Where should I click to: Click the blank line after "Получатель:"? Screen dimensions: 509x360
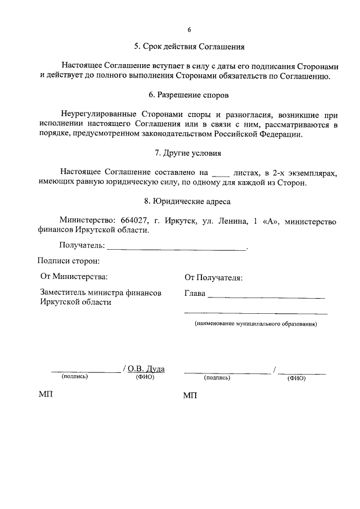(x=176, y=246)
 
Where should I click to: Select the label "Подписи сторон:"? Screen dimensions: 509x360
(x=69, y=260)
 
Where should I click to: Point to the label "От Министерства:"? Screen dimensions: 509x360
(x=74, y=277)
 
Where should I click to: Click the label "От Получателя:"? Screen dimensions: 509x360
(x=214, y=278)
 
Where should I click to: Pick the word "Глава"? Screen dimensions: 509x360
(x=195, y=294)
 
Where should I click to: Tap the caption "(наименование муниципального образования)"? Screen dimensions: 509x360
(x=255, y=325)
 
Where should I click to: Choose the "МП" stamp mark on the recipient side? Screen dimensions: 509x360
(x=190, y=396)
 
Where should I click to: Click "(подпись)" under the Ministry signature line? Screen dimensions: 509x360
(x=75, y=377)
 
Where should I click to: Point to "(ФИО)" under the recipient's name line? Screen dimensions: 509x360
(x=296, y=378)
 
